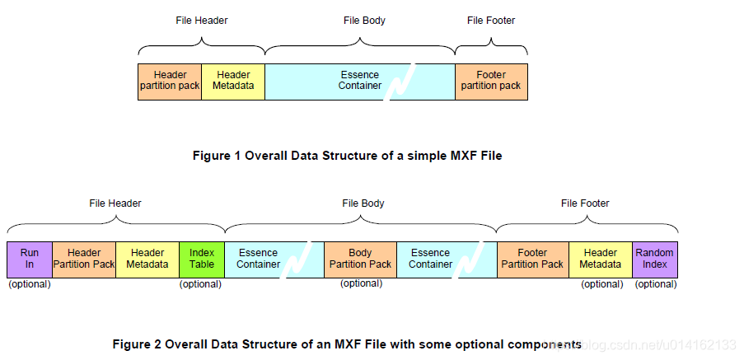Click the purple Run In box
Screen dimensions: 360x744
(x=29, y=259)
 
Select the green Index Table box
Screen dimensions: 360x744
(x=201, y=259)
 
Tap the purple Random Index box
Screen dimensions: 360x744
(x=655, y=259)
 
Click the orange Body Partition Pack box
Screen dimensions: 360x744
(x=360, y=259)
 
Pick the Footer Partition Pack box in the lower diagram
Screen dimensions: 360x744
(x=532, y=259)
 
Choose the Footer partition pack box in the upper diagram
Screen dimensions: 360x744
(x=491, y=81)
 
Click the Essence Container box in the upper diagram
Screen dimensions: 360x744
(x=360, y=81)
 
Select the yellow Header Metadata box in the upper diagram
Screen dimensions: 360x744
(x=233, y=81)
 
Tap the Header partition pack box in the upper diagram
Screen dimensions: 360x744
(x=169, y=81)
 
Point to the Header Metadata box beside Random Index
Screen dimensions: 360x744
(x=601, y=259)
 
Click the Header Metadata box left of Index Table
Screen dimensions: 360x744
(x=147, y=259)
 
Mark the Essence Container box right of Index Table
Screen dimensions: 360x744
(x=258, y=259)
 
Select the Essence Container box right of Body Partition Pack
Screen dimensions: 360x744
(x=431, y=259)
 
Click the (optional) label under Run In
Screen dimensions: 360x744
(x=29, y=284)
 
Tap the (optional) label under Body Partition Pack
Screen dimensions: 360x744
(x=361, y=283)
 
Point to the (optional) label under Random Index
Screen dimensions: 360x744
(x=656, y=284)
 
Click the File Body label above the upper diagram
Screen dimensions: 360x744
(x=363, y=21)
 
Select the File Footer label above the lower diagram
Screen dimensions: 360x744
(x=585, y=203)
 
